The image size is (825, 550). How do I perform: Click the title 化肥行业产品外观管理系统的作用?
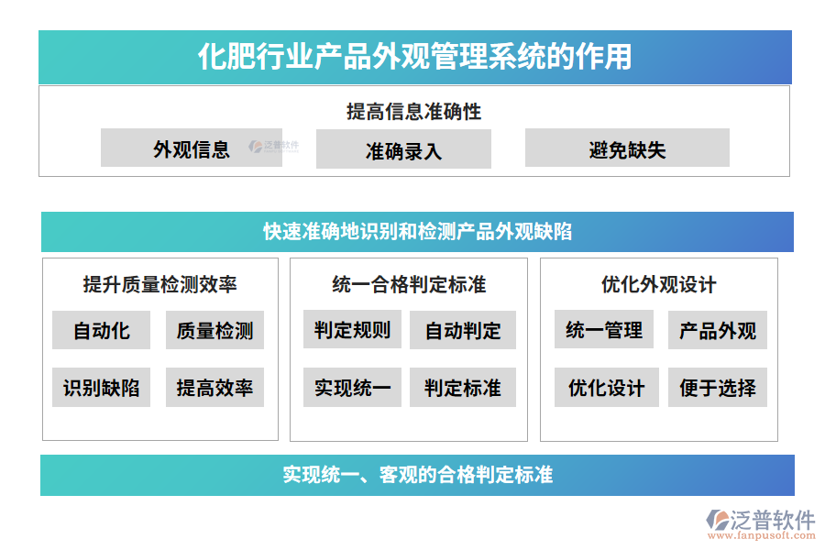click(x=414, y=57)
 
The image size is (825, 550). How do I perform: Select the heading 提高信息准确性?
click(x=413, y=112)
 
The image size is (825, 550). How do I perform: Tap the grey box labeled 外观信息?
click(x=192, y=148)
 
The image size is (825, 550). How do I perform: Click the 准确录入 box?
click(x=403, y=149)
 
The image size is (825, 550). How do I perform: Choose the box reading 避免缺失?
click(x=627, y=148)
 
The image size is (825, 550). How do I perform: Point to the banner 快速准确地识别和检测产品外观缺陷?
click(x=417, y=232)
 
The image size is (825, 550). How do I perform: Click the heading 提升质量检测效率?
click(x=160, y=284)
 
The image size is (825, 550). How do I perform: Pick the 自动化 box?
click(x=101, y=330)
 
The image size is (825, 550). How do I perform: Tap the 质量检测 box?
click(x=214, y=330)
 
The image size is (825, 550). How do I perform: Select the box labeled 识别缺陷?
click(x=101, y=388)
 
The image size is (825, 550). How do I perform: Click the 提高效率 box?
click(x=214, y=388)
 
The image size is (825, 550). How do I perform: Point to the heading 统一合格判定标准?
click(x=409, y=284)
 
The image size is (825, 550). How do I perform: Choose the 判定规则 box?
click(x=352, y=330)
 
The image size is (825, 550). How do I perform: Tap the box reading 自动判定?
click(x=463, y=330)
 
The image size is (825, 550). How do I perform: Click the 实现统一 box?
click(x=352, y=388)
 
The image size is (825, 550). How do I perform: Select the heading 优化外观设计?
click(x=658, y=284)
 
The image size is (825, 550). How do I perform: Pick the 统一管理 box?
click(x=604, y=330)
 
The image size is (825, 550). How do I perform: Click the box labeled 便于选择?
click(x=718, y=388)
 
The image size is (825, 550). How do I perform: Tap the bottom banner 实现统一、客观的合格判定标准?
click(x=417, y=475)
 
